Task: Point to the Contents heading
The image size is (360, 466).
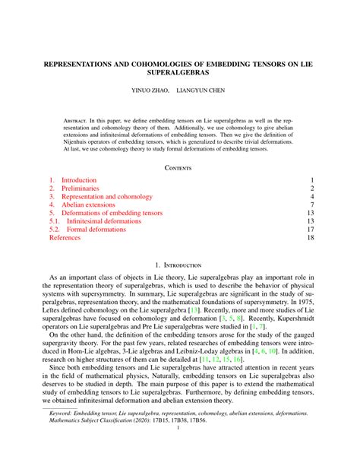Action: [x=180, y=167]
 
